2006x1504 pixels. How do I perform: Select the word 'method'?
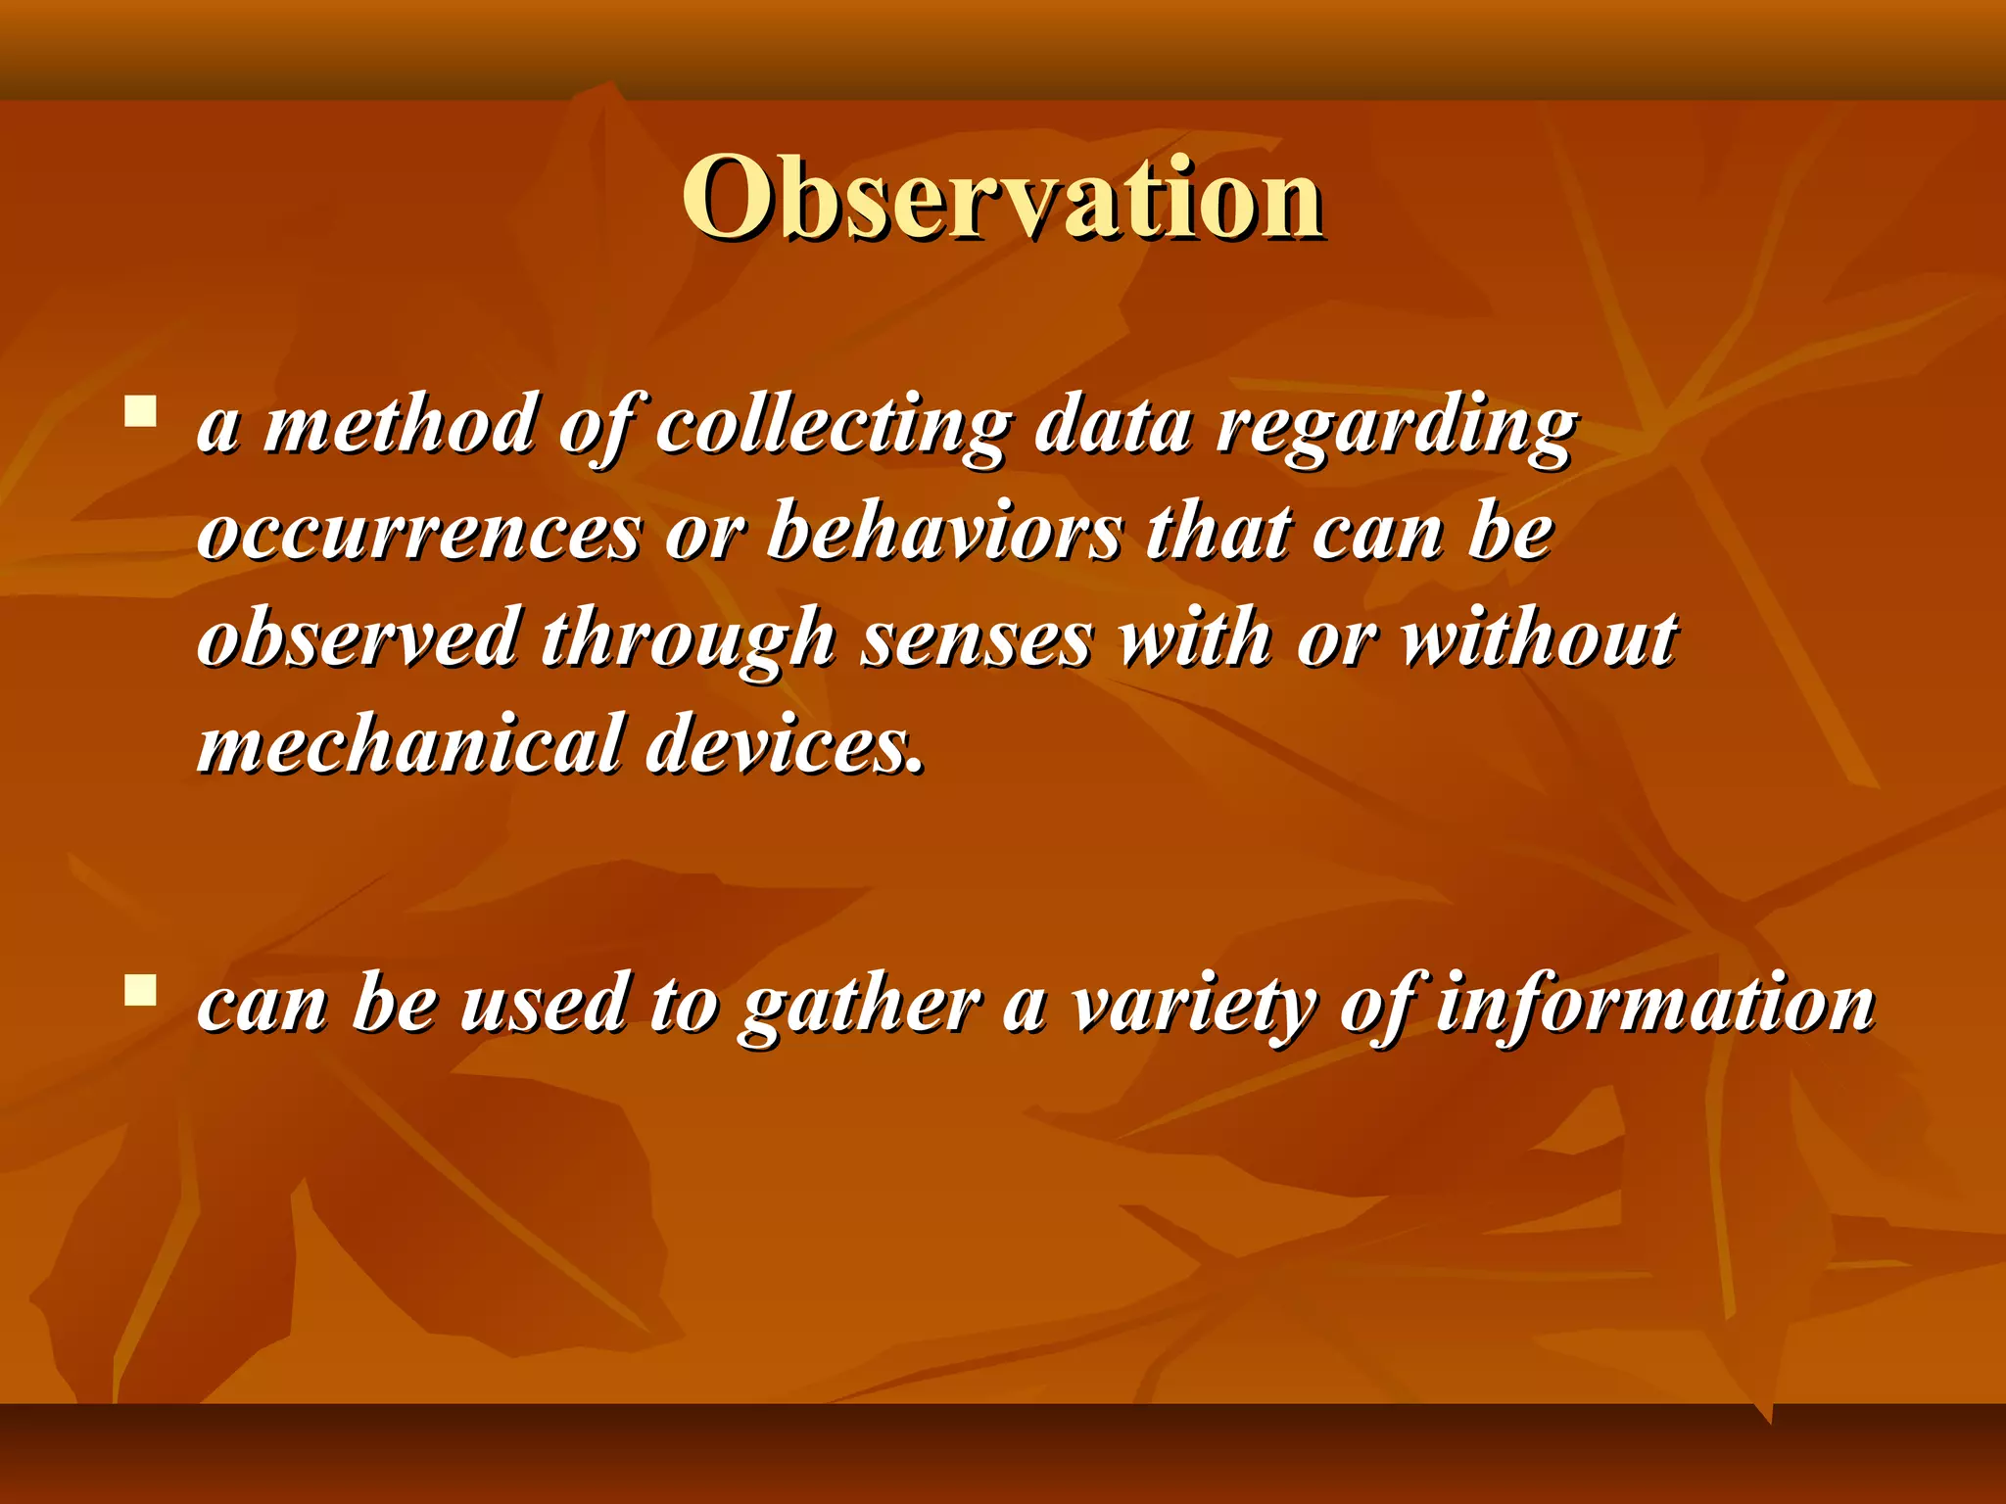400,427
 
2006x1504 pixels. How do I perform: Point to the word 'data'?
1113,427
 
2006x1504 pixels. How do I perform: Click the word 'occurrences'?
419,535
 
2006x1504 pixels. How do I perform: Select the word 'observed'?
358,638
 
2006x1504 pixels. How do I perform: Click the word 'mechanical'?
409,744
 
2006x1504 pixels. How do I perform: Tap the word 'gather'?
860,1007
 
